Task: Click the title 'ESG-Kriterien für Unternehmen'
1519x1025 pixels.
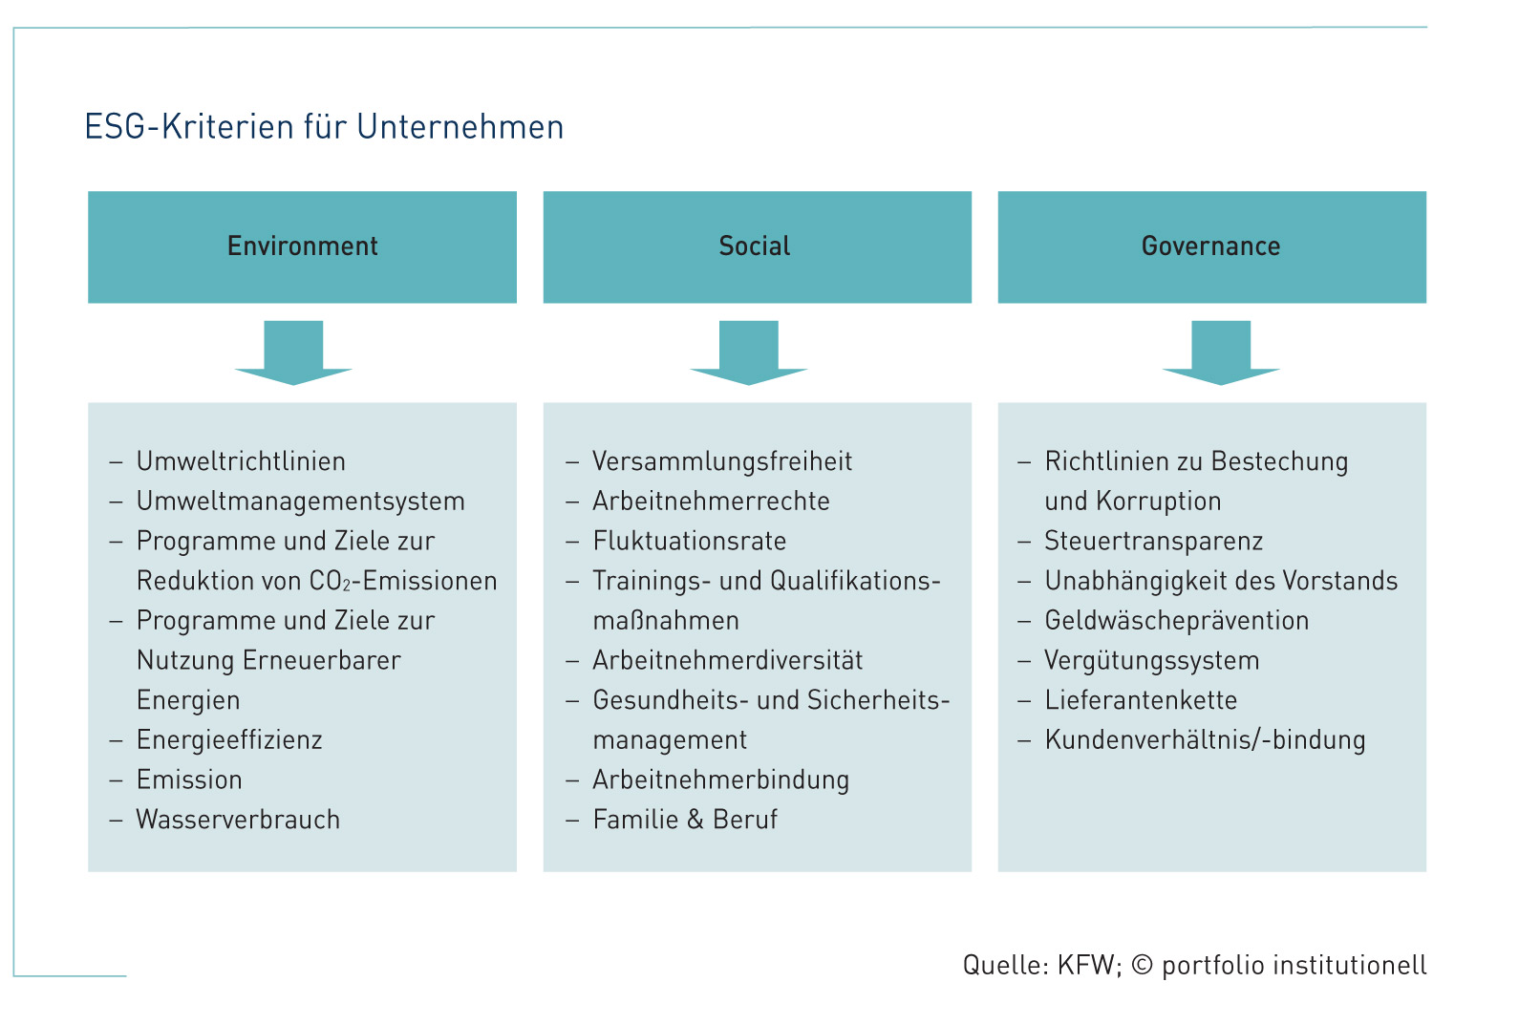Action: [324, 127]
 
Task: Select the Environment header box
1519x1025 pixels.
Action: [303, 246]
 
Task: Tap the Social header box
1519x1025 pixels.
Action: [757, 246]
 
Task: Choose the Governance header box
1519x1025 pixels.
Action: [1211, 246]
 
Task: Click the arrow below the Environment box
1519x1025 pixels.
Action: [293, 352]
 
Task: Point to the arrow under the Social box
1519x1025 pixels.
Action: [749, 352]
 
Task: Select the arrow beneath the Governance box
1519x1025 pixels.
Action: [1221, 352]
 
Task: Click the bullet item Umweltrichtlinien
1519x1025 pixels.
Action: [241, 461]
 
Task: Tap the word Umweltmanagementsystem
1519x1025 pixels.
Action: [300, 502]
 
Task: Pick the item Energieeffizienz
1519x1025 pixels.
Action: [229, 740]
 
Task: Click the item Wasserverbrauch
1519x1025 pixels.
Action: [238, 820]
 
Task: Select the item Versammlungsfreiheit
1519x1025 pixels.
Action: [722, 461]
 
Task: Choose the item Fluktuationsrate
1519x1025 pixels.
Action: [690, 541]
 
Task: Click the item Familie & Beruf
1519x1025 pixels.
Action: [685, 820]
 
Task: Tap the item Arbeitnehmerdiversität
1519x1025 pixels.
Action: [728, 660]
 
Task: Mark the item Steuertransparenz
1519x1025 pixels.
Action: [1153, 541]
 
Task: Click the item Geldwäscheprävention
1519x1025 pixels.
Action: [1177, 621]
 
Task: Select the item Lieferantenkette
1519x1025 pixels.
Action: [1141, 700]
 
